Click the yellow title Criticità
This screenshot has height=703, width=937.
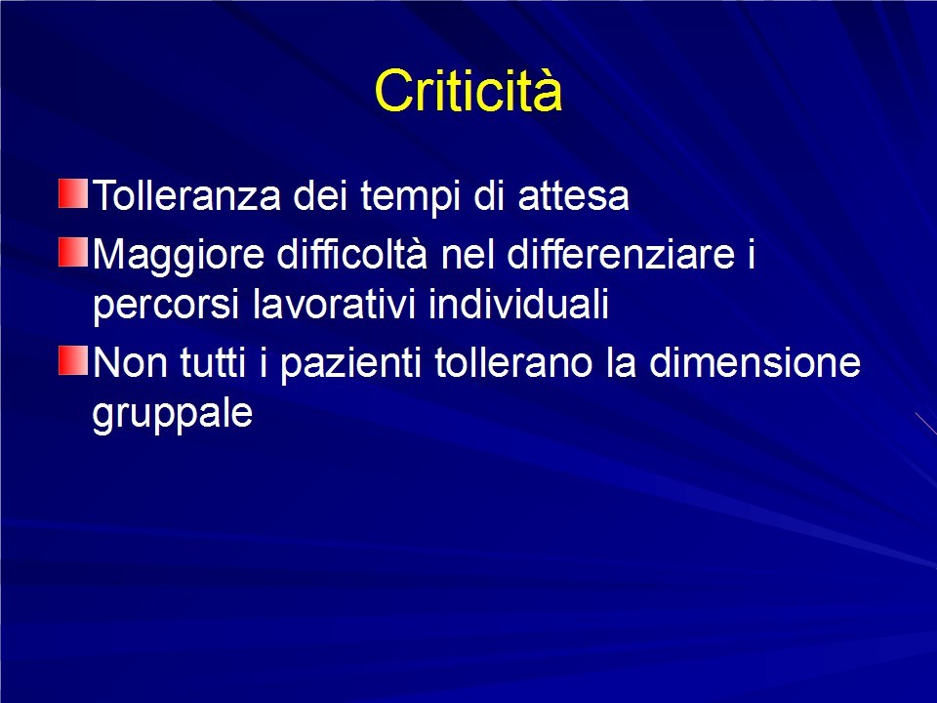[468, 90]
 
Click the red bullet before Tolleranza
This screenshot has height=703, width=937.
[73, 193]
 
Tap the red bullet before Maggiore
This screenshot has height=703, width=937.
[73, 252]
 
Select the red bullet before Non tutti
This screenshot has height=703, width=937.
[73, 360]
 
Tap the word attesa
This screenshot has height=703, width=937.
[573, 196]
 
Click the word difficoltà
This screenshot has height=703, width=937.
[352, 253]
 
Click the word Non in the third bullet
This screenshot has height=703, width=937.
[130, 362]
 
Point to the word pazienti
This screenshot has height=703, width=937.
[350, 364]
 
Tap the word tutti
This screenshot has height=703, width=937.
[213, 362]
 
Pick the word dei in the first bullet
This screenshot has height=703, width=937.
[320, 195]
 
